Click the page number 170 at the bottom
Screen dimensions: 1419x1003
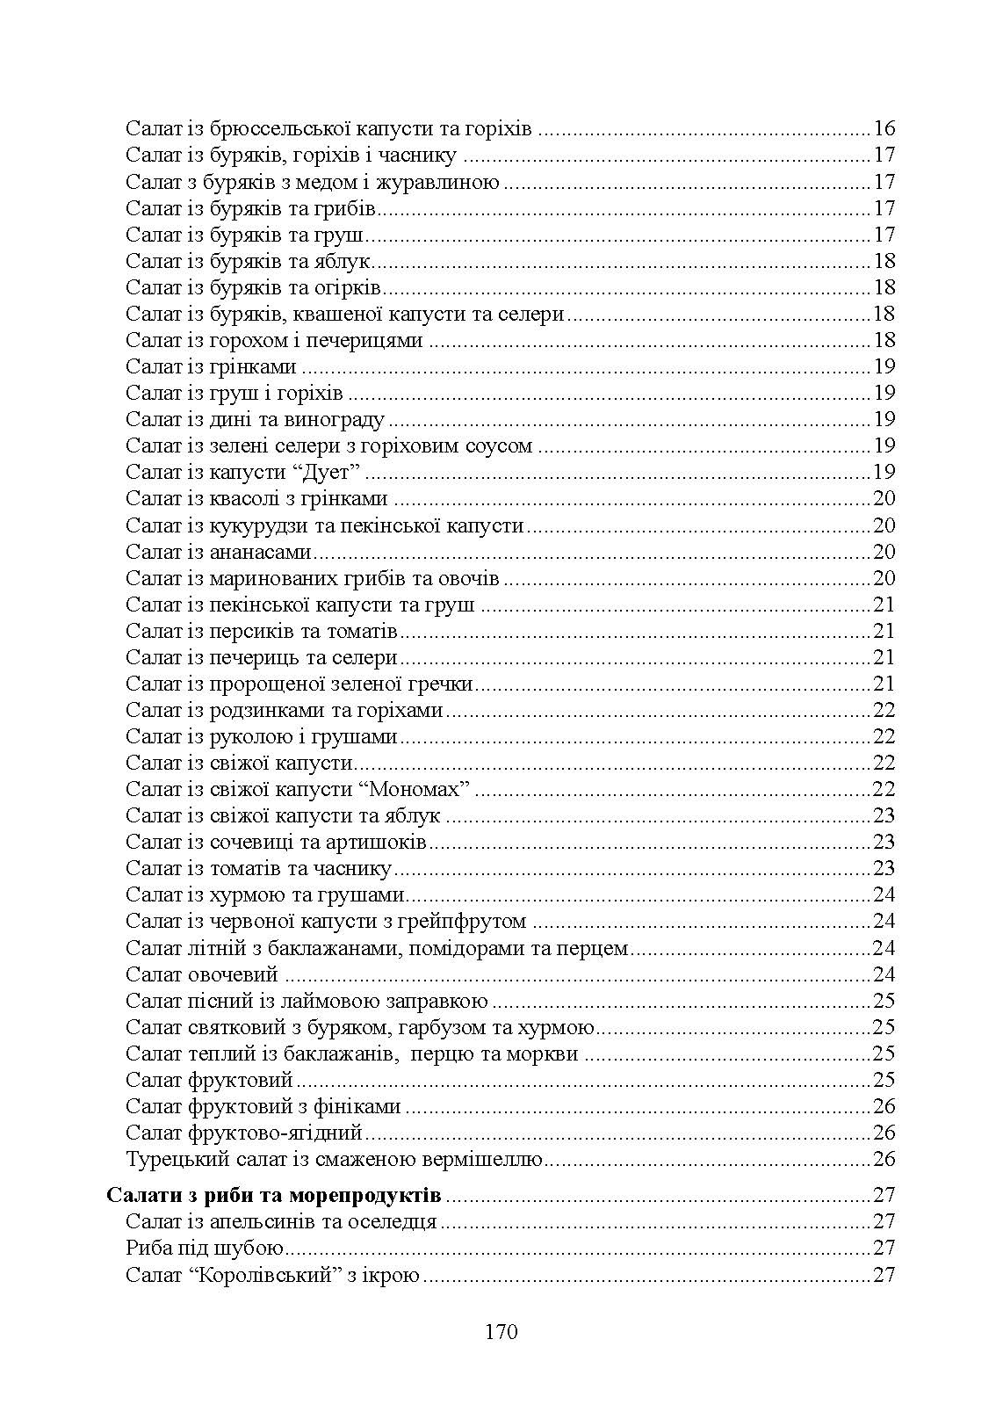point(501,1332)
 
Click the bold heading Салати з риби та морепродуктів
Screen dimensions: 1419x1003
point(274,1195)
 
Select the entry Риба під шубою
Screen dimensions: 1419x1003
point(204,1248)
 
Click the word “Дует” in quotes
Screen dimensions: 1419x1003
point(332,473)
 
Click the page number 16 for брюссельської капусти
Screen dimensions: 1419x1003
point(884,129)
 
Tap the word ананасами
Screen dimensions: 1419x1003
point(261,552)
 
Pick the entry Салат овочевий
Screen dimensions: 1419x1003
point(202,974)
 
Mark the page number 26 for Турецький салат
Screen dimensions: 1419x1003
point(884,1159)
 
